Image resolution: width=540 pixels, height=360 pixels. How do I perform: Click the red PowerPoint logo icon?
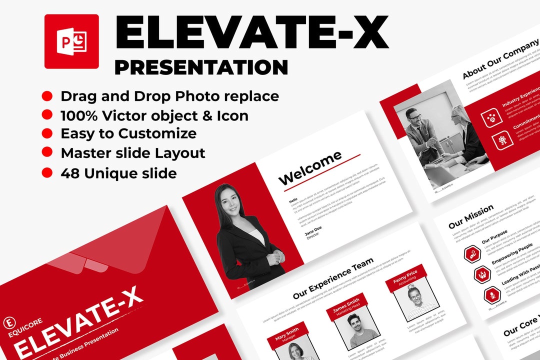(71, 41)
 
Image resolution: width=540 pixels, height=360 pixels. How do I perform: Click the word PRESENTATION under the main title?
(201, 67)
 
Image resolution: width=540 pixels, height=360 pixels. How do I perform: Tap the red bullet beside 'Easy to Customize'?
(47, 133)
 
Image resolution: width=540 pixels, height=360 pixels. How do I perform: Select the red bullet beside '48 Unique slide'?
(47, 173)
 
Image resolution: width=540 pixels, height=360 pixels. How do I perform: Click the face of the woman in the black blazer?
(228, 199)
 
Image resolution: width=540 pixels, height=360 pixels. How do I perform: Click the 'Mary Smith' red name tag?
(286, 332)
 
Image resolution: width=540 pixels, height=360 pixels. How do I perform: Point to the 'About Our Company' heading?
(500, 58)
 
